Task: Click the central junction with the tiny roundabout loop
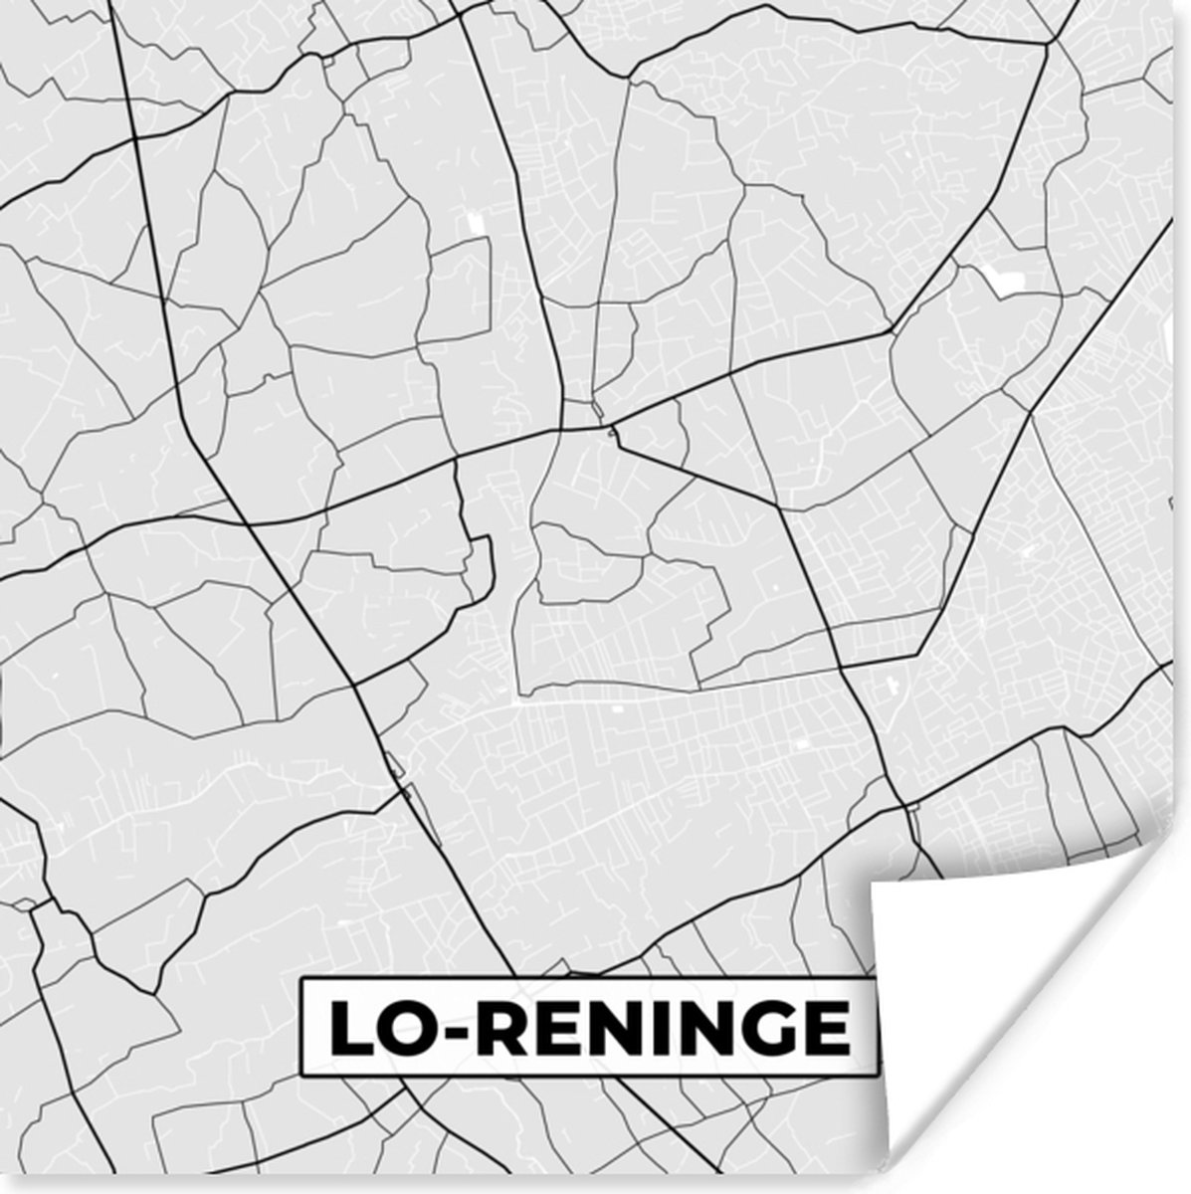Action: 612,430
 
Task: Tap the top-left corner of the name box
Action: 303,980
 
